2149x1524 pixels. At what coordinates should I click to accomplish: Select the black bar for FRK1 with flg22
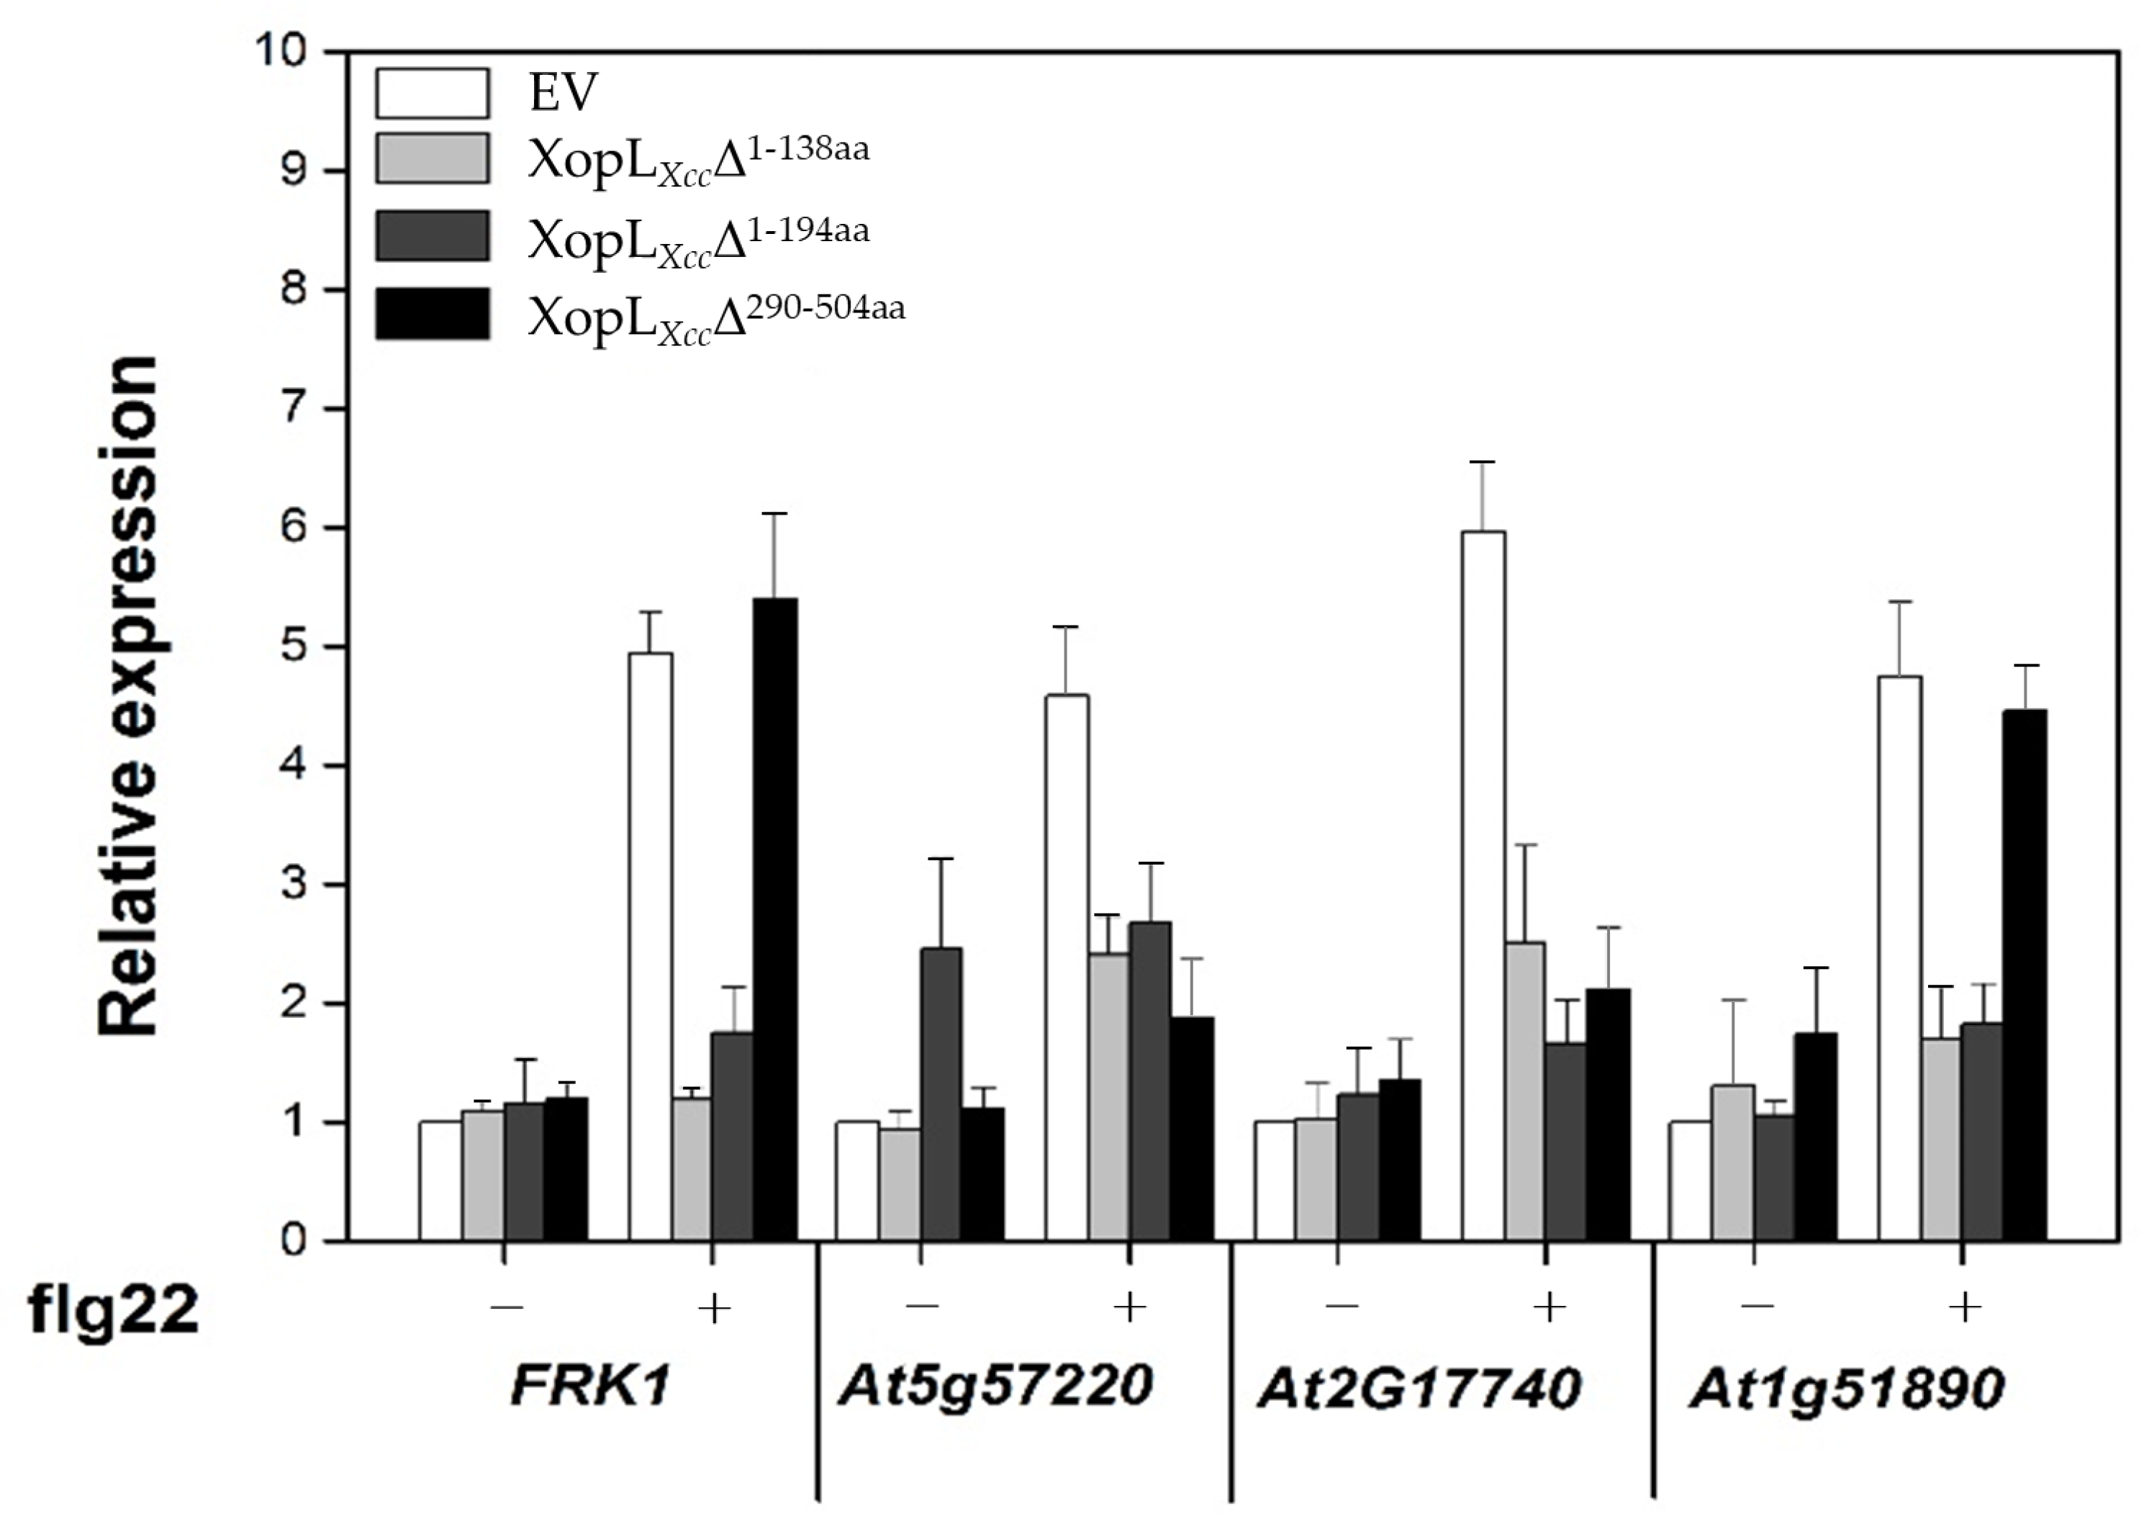pyautogui.click(x=776, y=920)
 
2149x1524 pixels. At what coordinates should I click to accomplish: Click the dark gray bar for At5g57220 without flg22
pyautogui.click(x=941, y=1094)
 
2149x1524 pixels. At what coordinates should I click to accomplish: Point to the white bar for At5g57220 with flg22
pyautogui.click(x=1067, y=967)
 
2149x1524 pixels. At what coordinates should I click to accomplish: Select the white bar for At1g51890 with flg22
pyautogui.click(x=1899, y=957)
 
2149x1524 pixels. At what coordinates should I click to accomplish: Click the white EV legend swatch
pyautogui.click(x=433, y=93)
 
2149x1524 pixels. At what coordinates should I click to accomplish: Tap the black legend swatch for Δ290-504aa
pyautogui.click(x=433, y=312)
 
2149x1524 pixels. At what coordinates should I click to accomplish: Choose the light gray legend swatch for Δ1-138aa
pyautogui.click(x=433, y=158)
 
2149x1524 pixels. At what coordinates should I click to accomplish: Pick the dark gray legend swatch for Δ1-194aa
pyautogui.click(x=433, y=235)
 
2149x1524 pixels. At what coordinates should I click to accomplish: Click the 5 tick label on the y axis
pyautogui.click(x=293, y=646)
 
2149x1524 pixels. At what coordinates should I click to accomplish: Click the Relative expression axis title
pyautogui.click(x=129, y=695)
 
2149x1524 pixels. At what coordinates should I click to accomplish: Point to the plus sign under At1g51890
pyautogui.click(x=1964, y=1307)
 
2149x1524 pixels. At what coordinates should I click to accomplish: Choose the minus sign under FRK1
pyautogui.click(x=507, y=1307)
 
